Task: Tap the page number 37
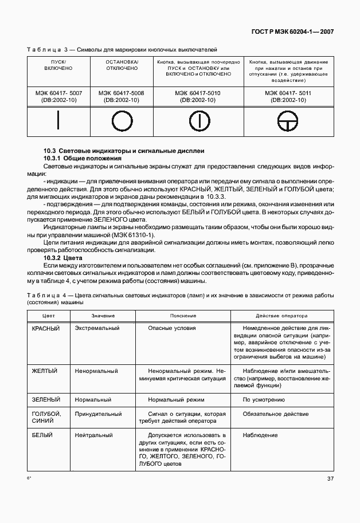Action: tap(331, 479)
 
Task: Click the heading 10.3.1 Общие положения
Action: tap(83, 158)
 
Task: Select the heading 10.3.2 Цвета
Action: tap(63, 258)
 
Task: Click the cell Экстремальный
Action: tap(97, 328)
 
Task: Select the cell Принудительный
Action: tap(99, 414)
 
